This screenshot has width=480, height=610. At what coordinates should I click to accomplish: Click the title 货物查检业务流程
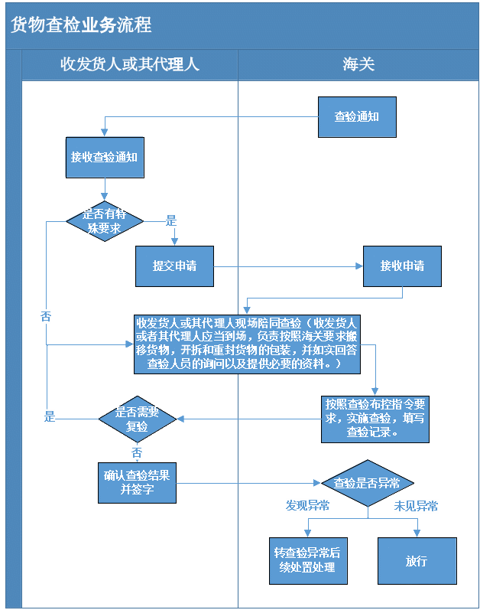(x=81, y=25)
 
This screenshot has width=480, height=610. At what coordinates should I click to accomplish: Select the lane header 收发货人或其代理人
(x=130, y=64)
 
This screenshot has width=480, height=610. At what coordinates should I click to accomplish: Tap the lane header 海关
(x=358, y=64)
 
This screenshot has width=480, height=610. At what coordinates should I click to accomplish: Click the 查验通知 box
(x=357, y=116)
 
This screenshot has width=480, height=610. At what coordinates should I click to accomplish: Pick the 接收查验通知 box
(x=105, y=157)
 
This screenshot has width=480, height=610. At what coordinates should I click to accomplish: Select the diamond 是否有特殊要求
(x=105, y=221)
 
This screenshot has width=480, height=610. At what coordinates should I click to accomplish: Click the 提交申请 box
(x=174, y=266)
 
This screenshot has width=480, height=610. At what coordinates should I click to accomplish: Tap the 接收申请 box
(x=402, y=266)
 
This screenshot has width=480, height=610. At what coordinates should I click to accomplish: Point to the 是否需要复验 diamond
(x=137, y=419)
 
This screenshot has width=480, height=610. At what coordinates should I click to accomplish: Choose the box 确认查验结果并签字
(x=137, y=483)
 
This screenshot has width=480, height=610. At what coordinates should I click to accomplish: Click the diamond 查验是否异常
(x=368, y=483)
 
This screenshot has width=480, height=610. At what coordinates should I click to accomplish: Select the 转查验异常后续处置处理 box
(x=308, y=560)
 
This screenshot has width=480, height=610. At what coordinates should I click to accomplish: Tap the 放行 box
(x=417, y=560)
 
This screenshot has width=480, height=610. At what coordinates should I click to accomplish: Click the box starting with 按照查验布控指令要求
(x=375, y=419)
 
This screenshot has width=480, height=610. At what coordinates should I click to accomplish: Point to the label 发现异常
(x=307, y=505)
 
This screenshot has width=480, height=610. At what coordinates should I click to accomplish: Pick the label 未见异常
(x=416, y=506)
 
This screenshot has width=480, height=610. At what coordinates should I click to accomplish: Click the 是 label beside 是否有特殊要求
(x=171, y=220)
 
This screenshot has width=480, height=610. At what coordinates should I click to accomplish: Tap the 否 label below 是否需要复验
(x=137, y=452)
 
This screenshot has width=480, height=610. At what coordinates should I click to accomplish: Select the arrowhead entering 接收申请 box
(x=359, y=266)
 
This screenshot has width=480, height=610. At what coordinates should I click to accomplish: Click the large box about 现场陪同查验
(x=247, y=344)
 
